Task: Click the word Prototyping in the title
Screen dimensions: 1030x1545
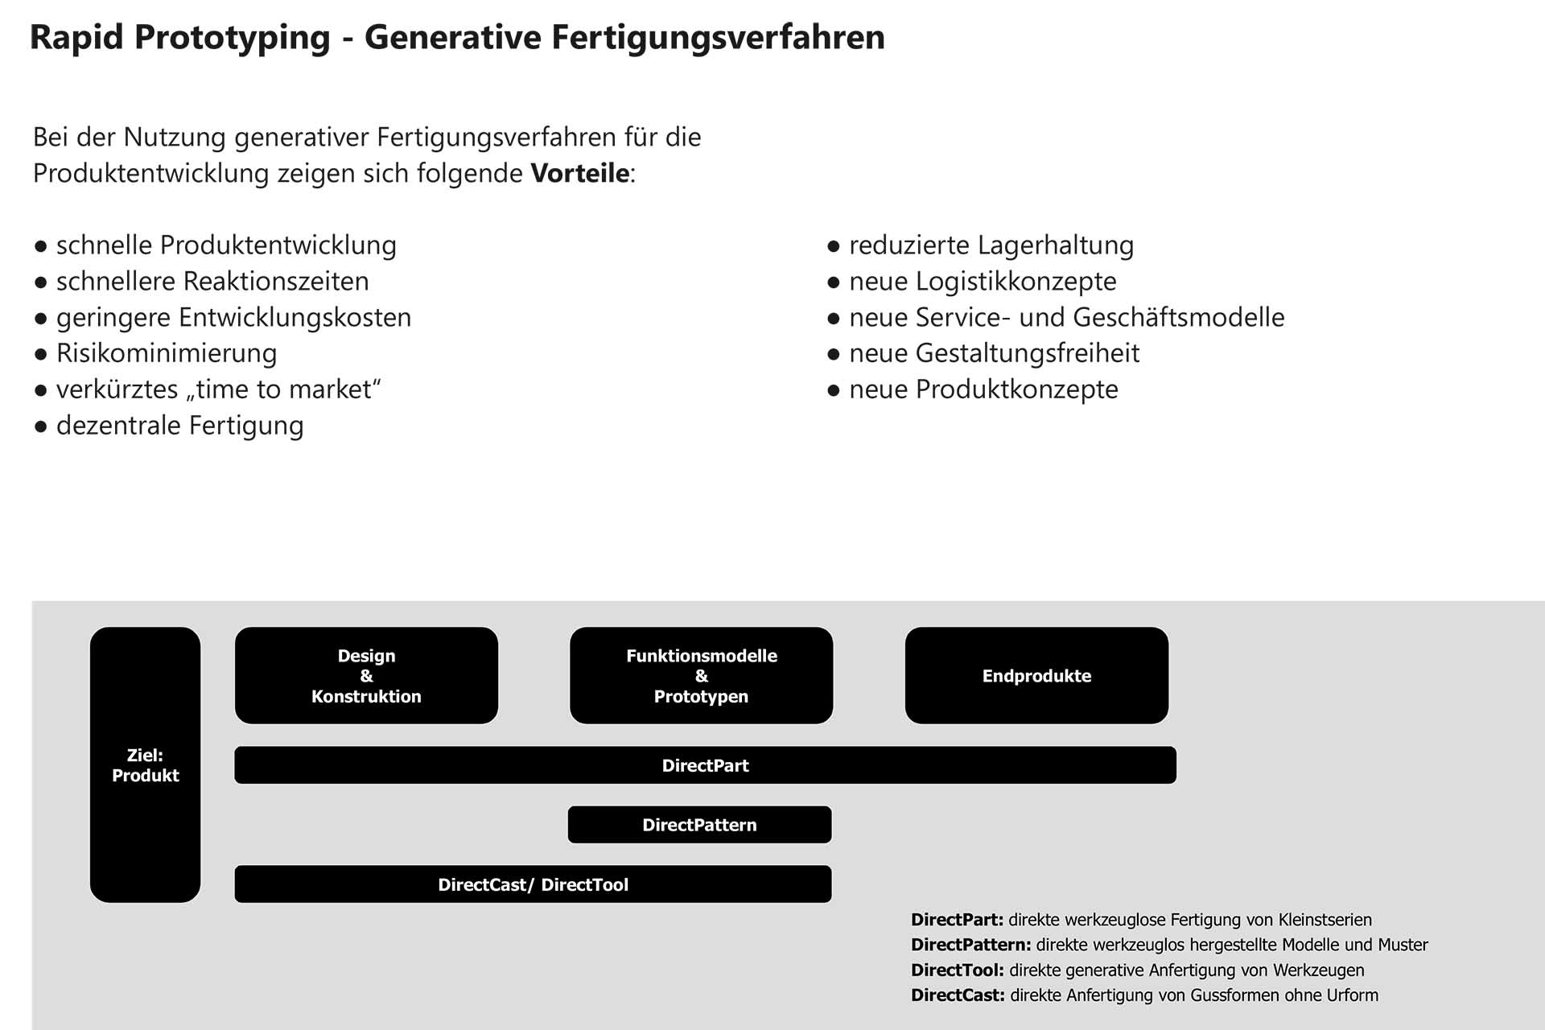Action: click(232, 38)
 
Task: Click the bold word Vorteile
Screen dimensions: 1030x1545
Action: click(579, 173)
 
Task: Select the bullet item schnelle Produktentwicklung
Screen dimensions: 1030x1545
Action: click(226, 245)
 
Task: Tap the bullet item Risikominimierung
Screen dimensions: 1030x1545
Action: click(167, 353)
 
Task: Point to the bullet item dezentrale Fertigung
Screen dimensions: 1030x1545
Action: click(179, 426)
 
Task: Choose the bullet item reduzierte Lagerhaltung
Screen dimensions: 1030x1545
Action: click(991, 245)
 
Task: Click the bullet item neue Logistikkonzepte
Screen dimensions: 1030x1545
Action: click(983, 282)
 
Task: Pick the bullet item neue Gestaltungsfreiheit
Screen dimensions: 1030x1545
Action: click(994, 353)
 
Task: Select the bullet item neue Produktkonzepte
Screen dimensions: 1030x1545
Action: click(983, 389)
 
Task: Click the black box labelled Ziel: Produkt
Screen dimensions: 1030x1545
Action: click(145, 764)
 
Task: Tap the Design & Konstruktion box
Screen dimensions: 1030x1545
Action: click(366, 676)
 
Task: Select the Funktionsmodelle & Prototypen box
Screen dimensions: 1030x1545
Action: click(701, 676)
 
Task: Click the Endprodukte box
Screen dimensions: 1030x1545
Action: click(1036, 676)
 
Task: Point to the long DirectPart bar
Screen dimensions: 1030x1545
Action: click(705, 765)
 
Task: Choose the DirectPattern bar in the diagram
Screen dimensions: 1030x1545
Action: click(699, 825)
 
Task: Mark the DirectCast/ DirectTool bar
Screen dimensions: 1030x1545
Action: click(533, 884)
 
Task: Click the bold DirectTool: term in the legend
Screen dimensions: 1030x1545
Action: click(957, 970)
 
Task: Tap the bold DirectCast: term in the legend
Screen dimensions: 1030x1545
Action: click(958, 995)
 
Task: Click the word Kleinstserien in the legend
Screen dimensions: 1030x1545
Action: click(1325, 920)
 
